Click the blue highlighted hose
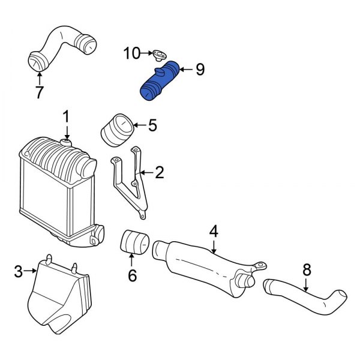[x=159, y=82]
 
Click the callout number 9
[x=200, y=70]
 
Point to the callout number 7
[x=40, y=94]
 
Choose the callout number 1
[x=67, y=115]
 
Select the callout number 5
[x=152, y=125]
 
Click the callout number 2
[x=159, y=173]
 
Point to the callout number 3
[x=19, y=272]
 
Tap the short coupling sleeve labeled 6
[x=136, y=243]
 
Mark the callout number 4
[x=213, y=230]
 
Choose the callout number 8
[x=307, y=270]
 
